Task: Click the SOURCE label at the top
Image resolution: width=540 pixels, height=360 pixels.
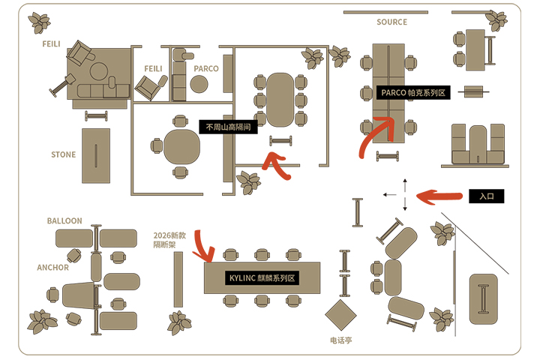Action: point(391,22)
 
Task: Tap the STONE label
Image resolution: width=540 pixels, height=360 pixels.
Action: point(63,154)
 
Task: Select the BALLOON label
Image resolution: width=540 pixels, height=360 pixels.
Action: point(64,220)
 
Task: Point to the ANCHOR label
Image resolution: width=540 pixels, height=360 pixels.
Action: point(52,268)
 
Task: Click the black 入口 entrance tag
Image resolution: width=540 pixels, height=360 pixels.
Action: point(486,196)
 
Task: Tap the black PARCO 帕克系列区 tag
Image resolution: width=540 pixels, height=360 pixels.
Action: point(413,93)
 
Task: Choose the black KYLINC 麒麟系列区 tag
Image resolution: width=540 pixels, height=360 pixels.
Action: point(262,278)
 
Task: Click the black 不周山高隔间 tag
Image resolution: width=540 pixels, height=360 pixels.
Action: point(228,127)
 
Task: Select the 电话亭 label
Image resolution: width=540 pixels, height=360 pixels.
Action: point(341,340)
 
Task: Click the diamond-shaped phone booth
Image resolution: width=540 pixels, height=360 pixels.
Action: point(340,315)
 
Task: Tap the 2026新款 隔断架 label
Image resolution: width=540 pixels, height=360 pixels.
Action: point(169,240)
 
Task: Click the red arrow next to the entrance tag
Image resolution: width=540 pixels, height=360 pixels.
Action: point(439,196)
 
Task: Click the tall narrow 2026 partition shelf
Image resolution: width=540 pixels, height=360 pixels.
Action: point(178,280)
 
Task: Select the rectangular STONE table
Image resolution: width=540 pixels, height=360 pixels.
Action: point(96,156)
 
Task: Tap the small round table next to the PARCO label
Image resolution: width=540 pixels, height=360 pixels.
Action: point(199,84)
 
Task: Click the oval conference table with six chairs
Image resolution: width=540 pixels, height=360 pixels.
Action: point(280,100)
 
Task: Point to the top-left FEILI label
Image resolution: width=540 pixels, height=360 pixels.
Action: point(51,44)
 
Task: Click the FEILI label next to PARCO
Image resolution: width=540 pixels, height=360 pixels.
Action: point(153,69)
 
